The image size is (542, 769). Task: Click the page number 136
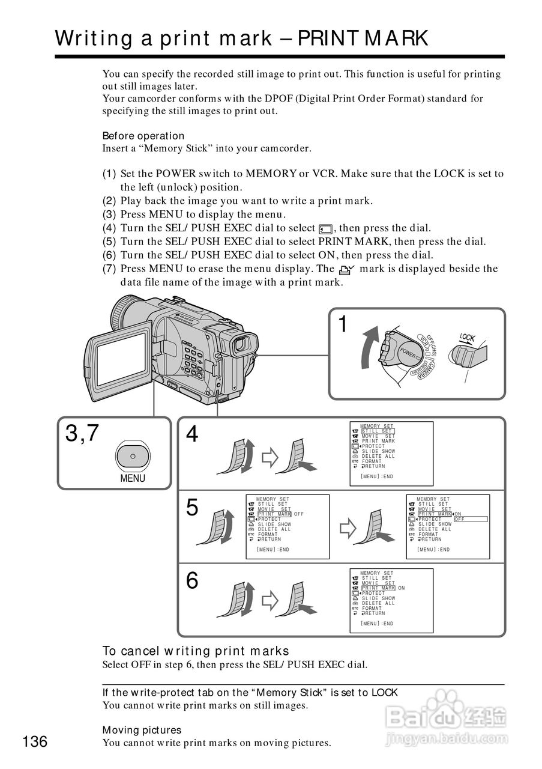35,741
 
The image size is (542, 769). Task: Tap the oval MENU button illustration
133,455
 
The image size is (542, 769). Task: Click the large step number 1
343,325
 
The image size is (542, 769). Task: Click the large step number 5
192,508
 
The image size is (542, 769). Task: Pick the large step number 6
192,581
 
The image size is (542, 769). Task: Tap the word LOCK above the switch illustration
468,338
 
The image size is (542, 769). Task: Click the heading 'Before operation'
143,136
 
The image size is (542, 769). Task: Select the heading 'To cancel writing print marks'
196,651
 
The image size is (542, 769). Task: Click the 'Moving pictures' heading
142,730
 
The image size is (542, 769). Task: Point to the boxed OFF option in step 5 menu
470,520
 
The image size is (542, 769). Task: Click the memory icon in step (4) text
325,228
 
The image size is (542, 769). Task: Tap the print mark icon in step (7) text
346,270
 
